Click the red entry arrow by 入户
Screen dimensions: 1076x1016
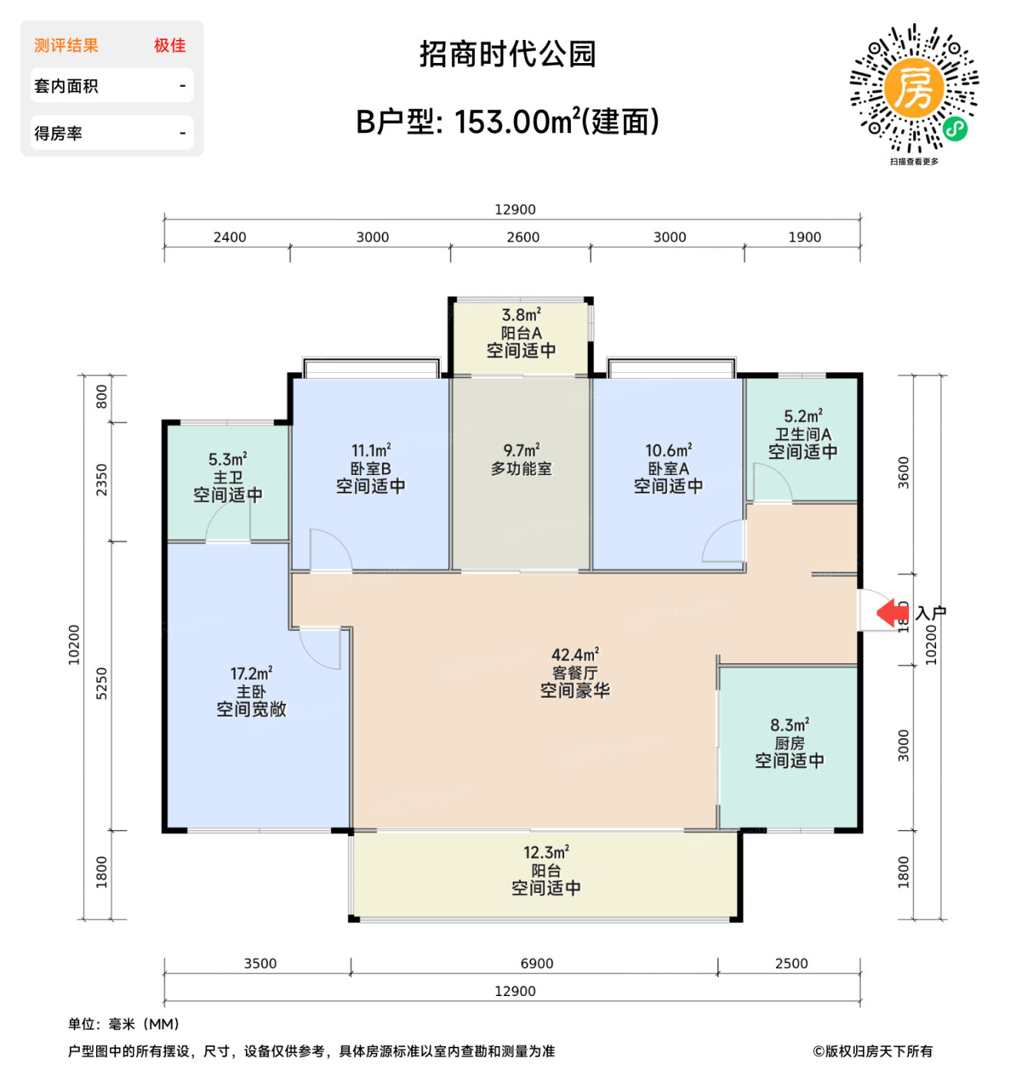[x=892, y=613]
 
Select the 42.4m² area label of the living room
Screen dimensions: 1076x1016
[x=575, y=655]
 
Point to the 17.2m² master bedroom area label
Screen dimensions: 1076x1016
[x=251, y=673]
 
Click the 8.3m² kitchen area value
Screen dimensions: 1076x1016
[x=789, y=725]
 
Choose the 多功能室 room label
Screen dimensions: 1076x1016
[x=521, y=468]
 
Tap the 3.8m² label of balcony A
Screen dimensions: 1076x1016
[x=521, y=315]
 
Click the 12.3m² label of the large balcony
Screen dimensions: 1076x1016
[x=546, y=852]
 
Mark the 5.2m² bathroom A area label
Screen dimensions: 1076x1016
[x=802, y=416]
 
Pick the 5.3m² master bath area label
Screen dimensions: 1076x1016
[x=227, y=460]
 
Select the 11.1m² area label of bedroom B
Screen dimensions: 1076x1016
[x=370, y=450]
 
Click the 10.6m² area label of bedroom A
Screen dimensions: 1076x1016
[x=668, y=450]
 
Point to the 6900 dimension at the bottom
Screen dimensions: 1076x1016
[x=536, y=964]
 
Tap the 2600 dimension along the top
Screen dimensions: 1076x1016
[x=523, y=237]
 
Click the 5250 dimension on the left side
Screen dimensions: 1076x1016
[x=101, y=683]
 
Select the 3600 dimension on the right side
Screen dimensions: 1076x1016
[x=904, y=473]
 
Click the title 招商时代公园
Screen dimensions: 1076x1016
[x=507, y=54]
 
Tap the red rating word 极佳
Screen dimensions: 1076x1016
[x=169, y=45]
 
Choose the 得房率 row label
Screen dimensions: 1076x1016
[x=58, y=133]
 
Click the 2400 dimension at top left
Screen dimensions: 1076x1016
[x=229, y=237]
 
